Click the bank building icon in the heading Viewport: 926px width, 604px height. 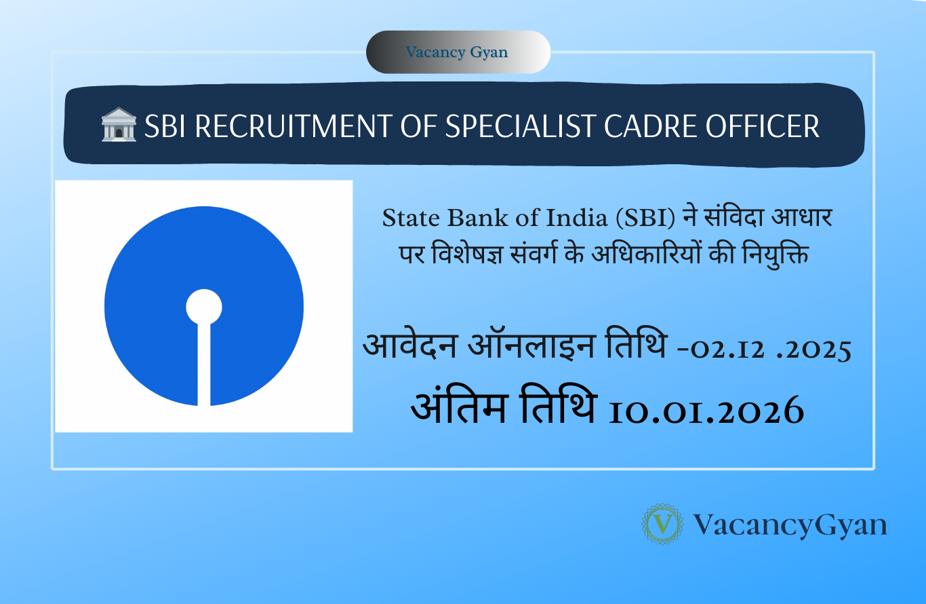pos(119,127)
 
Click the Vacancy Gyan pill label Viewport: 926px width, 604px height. pos(457,52)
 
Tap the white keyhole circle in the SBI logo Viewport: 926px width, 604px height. pos(204,306)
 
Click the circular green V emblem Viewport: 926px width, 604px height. pos(663,525)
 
